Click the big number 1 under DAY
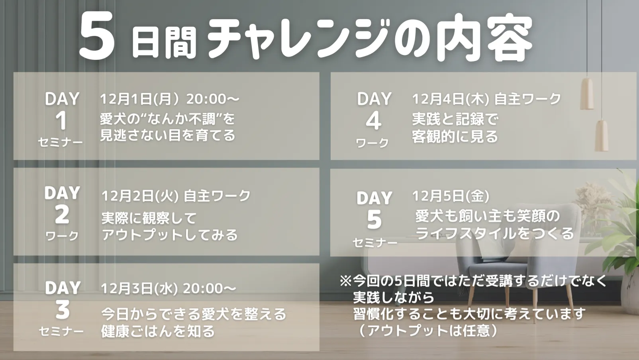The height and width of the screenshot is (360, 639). coord(61,121)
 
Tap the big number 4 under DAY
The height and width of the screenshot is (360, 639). coord(373,121)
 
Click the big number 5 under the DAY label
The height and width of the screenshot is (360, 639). coord(374,219)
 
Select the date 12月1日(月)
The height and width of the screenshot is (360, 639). coord(140,99)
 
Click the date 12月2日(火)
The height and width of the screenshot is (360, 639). coord(140,196)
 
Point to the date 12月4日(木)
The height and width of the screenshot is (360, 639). coord(451,99)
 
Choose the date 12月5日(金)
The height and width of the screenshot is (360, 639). coord(451,196)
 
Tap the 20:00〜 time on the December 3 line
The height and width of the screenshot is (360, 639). coord(210,289)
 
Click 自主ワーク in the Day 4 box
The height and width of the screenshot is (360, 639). coord(527,99)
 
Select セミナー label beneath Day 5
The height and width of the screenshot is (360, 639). coord(375,243)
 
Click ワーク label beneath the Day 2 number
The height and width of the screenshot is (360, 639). coord(62,236)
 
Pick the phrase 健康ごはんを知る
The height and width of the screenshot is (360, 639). coord(158,331)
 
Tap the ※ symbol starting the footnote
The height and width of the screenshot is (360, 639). coord(346,281)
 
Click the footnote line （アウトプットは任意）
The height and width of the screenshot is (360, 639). coord(427,330)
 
